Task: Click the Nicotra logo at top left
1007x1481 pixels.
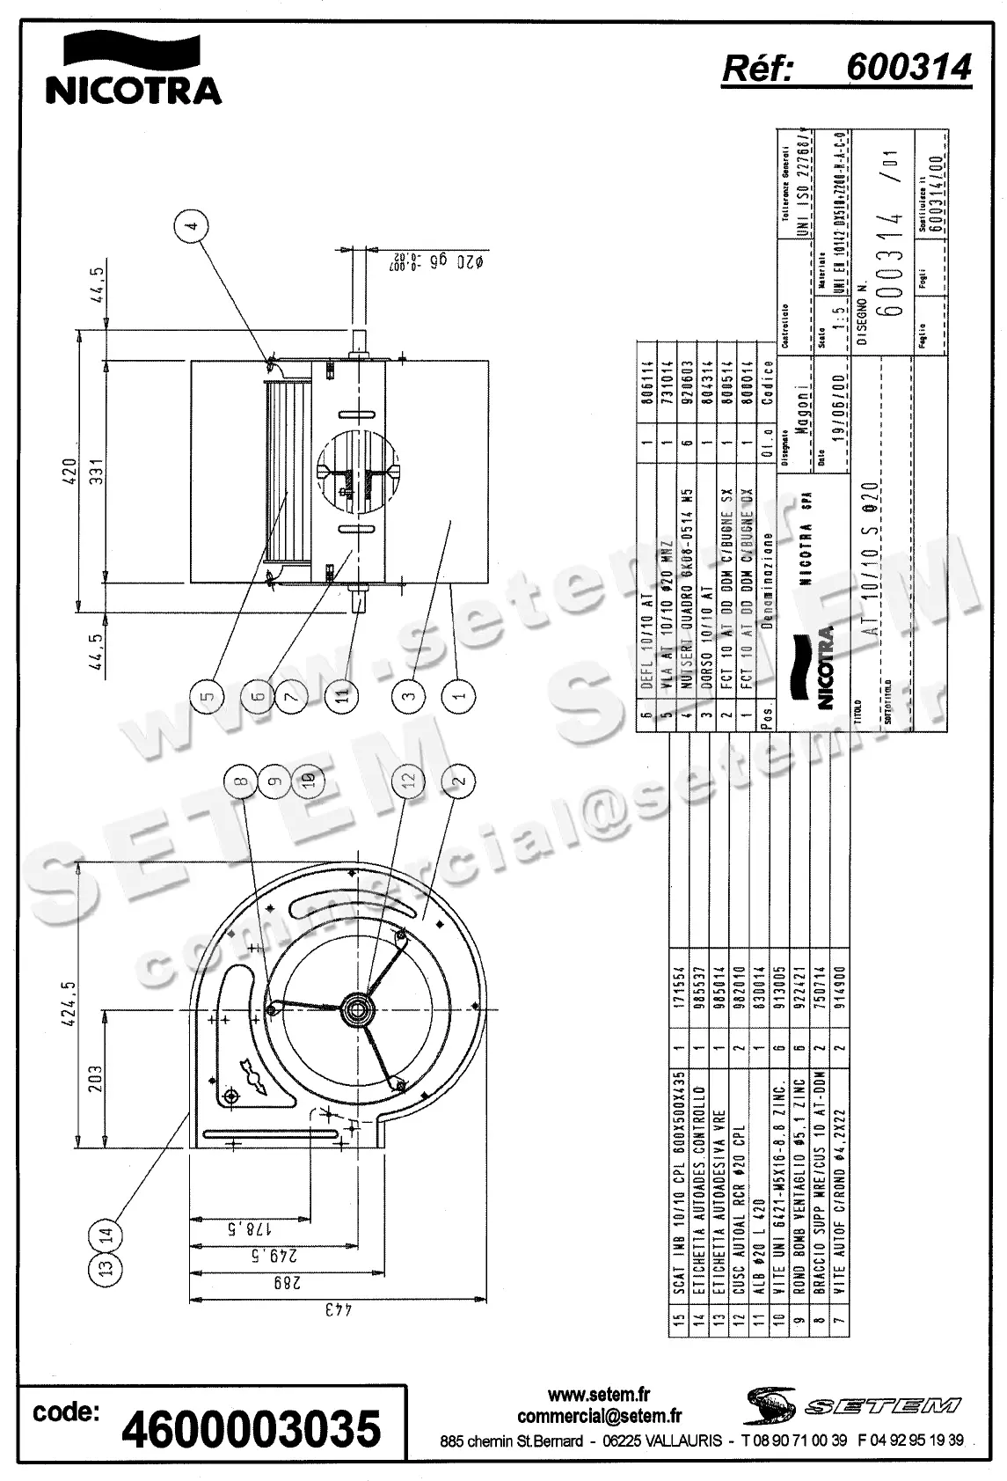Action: tap(132, 69)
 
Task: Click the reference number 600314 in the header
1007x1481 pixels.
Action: tap(908, 67)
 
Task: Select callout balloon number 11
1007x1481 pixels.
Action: tap(342, 695)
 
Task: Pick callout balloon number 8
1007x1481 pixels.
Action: tap(241, 780)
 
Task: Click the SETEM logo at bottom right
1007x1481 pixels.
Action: tap(853, 1404)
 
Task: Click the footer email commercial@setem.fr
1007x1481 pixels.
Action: tap(599, 1417)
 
